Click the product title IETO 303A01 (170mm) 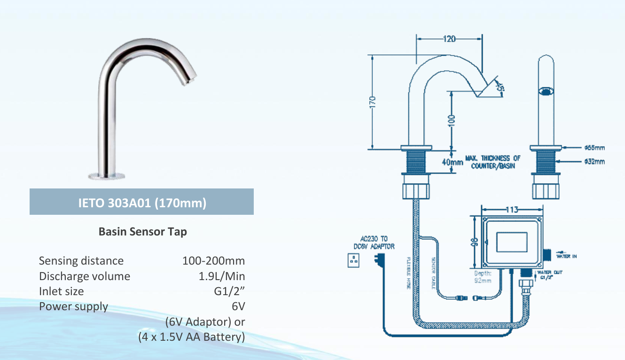point(141,204)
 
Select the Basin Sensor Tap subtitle point(142,232)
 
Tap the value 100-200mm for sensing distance point(213,261)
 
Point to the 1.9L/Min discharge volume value point(221,276)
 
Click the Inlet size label point(62,291)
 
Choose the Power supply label point(73,307)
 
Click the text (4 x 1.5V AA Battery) point(191,337)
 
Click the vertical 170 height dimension point(372,102)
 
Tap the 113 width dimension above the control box point(512,210)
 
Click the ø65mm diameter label point(594,148)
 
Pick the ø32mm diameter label point(594,162)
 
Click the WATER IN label point(566,257)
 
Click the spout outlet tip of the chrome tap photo point(188,81)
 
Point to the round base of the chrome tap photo point(107,176)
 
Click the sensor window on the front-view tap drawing point(545,91)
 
